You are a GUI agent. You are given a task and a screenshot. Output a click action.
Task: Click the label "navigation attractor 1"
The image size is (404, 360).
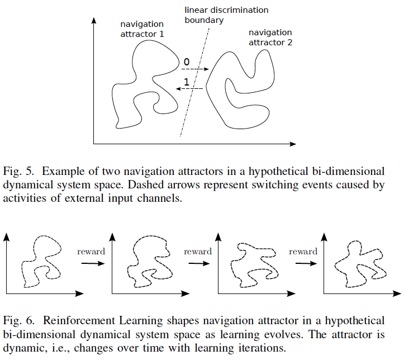pos(142,29)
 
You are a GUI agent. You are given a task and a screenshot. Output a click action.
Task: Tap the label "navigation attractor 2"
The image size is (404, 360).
pos(270,37)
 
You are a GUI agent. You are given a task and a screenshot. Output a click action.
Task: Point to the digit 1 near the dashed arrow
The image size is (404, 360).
pos(186,80)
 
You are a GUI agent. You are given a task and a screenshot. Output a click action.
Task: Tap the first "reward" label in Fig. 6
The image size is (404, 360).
pos(91,252)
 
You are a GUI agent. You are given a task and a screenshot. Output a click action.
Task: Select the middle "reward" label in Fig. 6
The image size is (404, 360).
pos(198,252)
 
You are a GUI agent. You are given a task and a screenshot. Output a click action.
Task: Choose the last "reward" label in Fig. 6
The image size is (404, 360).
pos(303,252)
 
